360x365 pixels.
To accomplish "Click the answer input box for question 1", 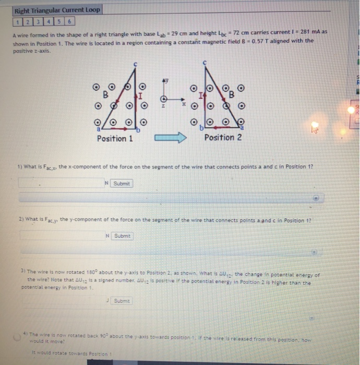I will tap(59, 183).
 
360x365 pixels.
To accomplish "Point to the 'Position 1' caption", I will tap(115, 138).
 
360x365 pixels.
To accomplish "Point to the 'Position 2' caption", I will tap(223, 138).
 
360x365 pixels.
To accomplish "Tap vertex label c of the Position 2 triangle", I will tap(205, 62).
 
